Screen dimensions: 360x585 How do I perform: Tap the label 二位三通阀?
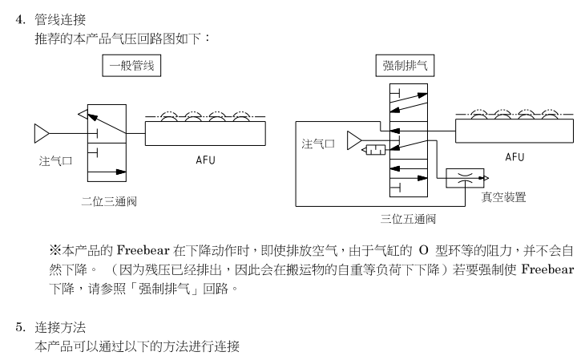coord(109,200)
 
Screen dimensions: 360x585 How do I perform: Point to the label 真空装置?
coord(503,197)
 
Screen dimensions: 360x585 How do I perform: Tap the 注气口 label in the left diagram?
coord(56,160)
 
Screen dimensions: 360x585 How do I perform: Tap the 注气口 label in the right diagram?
coord(318,144)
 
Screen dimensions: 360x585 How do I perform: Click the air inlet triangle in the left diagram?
coord(42,131)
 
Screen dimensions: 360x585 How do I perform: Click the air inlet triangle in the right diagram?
coord(354,142)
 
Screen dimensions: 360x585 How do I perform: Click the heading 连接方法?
coord(61,328)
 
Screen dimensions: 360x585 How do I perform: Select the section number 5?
coord(22,328)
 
